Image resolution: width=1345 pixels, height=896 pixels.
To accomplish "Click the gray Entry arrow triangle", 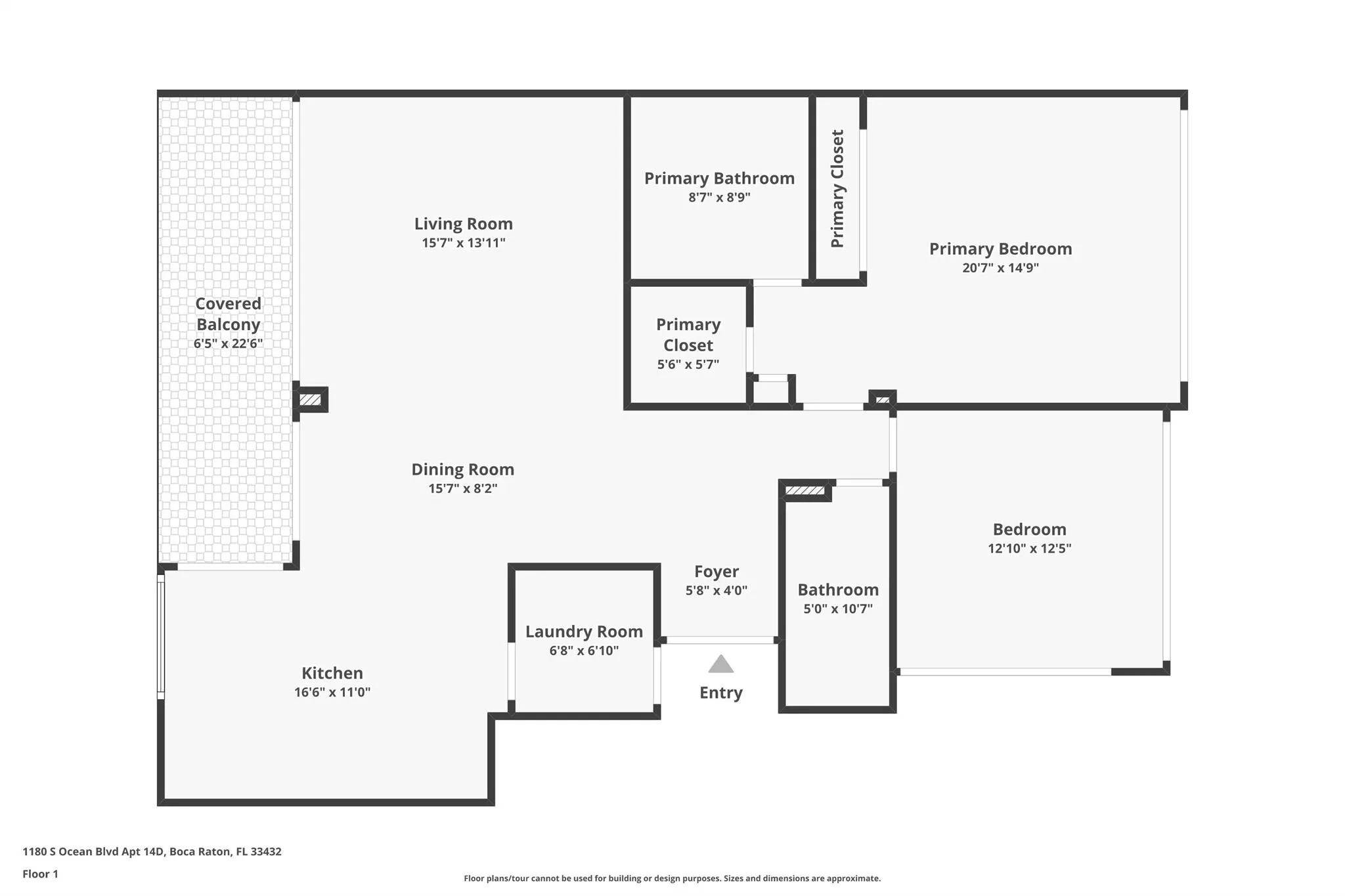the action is pyautogui.click(x=720, y=664).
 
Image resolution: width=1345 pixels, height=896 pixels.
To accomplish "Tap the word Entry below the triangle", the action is pyautogui.click(x=720, y=693).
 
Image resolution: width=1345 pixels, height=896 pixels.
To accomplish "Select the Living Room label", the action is pyautogui.click(x=463, y=224).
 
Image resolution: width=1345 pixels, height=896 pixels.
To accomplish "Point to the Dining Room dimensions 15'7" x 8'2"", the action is pyautogui.click(x=463, y=488).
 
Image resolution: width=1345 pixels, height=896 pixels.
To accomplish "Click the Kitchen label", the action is pyautogui.click(x=332, y=673).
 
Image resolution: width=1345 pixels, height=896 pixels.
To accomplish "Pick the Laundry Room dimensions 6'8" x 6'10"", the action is pyautogui.click(x=584, y=651).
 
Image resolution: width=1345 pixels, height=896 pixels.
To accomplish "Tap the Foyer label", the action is pyautogui.click(x=717, y=572).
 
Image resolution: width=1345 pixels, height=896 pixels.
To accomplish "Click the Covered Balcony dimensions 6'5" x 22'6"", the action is pyautogui.click(x=228, y=343).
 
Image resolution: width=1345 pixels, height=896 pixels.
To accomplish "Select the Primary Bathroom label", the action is pyautogui.click(x=719, y=179).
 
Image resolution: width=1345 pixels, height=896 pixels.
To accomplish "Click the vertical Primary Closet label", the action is pyautogui.click(x=837, y=188).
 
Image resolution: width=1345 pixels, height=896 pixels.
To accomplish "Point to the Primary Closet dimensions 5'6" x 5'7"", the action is pyautogui.click(x=688, y=364).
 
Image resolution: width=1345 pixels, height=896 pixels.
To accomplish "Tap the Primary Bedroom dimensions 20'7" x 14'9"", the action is pyautogui.click(x=1000, y=268).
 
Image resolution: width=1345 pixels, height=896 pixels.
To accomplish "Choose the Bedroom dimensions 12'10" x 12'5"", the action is pyautogui.click(x=1029, y=548).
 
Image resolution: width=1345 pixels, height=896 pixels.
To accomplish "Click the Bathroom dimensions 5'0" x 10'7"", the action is pyautogui.click(x=838, y=608).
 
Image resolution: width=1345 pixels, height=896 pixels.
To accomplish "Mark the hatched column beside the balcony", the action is pyautogui.click(x=310, y=400).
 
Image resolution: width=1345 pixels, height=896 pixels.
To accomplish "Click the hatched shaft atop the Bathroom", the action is pyautogui.click(x=805, y=490).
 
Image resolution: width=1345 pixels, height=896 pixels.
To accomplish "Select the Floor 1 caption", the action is pyautogui.click(x=40, y=874).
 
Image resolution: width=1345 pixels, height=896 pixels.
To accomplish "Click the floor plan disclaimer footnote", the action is pyautogui.click(x=672, y=878).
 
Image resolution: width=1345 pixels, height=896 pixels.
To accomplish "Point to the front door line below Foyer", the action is pyautogui.click(x=720, y=640).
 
